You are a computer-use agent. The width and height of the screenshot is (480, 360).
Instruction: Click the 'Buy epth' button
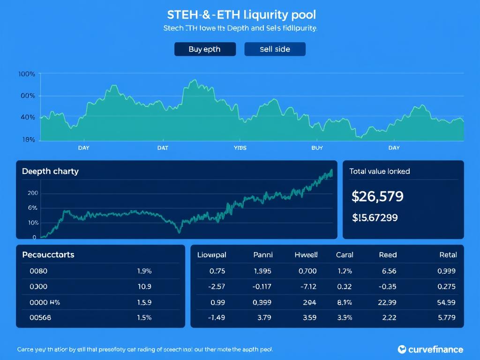[205, 49]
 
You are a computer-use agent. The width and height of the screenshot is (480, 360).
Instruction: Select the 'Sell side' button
[275, 49]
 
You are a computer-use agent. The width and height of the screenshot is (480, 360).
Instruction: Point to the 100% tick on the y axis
[27, 74]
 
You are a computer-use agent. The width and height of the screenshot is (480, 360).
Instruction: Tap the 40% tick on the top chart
[28, 117]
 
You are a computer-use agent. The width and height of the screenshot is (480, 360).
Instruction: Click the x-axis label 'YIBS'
[240, 148]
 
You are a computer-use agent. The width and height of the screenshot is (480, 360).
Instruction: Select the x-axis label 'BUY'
[317, 148]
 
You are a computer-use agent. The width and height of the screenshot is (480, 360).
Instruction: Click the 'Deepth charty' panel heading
[50, 172]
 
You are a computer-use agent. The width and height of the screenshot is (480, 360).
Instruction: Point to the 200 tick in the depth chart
[32, 193]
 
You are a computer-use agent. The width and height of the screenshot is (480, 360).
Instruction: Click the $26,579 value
[377, 196]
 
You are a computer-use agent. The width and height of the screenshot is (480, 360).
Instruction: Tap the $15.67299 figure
[375, 217]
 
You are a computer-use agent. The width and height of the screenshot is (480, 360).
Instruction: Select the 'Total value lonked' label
[379, 172]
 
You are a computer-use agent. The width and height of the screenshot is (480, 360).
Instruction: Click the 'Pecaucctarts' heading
[48, 255]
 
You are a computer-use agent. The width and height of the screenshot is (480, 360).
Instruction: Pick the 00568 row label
[40, 317]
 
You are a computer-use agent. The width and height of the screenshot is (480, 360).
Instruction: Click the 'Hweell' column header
[306, 255]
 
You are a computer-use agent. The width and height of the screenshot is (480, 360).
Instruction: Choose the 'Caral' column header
[345, 255]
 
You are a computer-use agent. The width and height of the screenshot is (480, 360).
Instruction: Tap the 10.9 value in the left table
[143, 286]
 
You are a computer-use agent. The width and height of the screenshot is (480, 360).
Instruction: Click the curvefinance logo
[430, 349]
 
